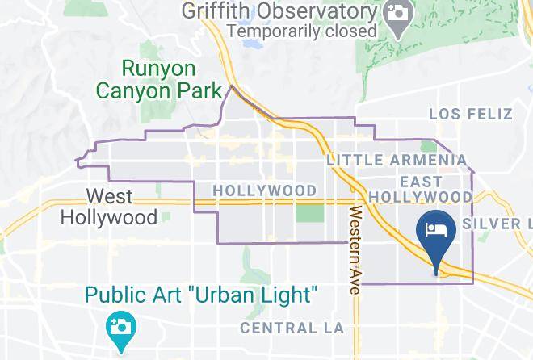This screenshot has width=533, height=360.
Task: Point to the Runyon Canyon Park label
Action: (x=158, y=79)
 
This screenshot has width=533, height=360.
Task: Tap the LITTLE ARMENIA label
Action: (x=397, y=160)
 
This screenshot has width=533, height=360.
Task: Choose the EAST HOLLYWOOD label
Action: (x=420, y=190)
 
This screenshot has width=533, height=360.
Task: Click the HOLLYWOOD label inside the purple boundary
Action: (x=264, y=190)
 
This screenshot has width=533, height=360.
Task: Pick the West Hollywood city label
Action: (x=109, y=207)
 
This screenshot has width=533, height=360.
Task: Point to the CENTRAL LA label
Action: (x=292, y=328)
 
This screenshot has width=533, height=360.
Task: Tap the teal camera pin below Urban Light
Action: (x=121, y=329)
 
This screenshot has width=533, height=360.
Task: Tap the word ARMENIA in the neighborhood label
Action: (x=427, y=160)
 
